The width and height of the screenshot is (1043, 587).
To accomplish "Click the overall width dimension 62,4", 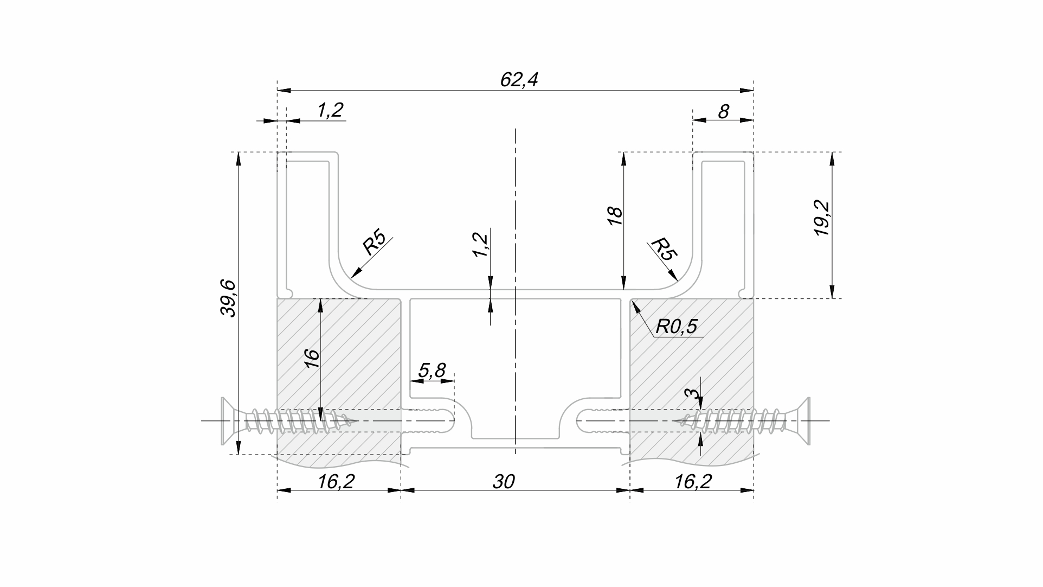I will point(519,80).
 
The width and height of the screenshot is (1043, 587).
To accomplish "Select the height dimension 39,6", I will point(228,298).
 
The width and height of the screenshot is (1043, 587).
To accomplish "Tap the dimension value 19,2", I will point(822,218).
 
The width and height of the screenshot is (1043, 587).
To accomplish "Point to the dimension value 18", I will point(615,216).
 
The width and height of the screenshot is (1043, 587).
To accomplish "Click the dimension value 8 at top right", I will point(723,111).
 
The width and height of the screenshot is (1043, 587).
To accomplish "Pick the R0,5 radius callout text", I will point(676,327).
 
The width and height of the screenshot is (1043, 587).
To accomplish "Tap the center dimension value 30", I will point(503,481).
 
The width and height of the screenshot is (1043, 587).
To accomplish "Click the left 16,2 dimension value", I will point(336,481).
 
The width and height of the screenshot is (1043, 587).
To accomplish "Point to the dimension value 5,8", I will point(432,371).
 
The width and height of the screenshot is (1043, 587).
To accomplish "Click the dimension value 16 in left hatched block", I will point(312,359).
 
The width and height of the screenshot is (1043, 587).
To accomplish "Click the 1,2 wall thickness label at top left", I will point(330,110).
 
